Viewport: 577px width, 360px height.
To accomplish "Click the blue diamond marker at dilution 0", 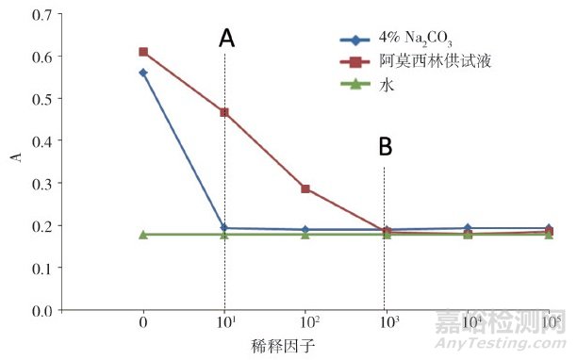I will pyautogui.click(x=143, y=73).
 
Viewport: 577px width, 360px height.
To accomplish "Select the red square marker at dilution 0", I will pyautogui.click(x=143, y=52).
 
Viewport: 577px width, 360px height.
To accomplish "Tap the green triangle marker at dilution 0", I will pyautogui.click(x=143, y=234).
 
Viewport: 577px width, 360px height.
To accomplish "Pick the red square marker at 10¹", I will pyautogui.click(x=224, y=112).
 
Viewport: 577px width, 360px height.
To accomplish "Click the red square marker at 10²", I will pyautogui.click(x=305, y=188).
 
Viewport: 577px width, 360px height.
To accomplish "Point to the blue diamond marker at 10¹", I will pyautogui.click(x=224, y=228).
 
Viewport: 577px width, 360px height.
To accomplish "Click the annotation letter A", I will pyautogui.click(x=226, y=38).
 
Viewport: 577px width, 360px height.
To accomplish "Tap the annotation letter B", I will pyautogui.click(x=385, y=147).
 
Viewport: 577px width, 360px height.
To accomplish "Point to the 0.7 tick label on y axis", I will pyautogui.click(x=42, y=16).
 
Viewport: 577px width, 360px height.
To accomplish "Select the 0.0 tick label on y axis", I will pyautogui.click(x=42, y=311).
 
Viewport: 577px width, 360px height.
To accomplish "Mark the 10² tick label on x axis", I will pyautogui.click(x=305, y=323).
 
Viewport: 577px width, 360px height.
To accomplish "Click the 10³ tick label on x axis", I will pyautogui.click(x=386, y=323).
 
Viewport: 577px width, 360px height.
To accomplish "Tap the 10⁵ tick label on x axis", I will pyautogui.click(x=549, y=323).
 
